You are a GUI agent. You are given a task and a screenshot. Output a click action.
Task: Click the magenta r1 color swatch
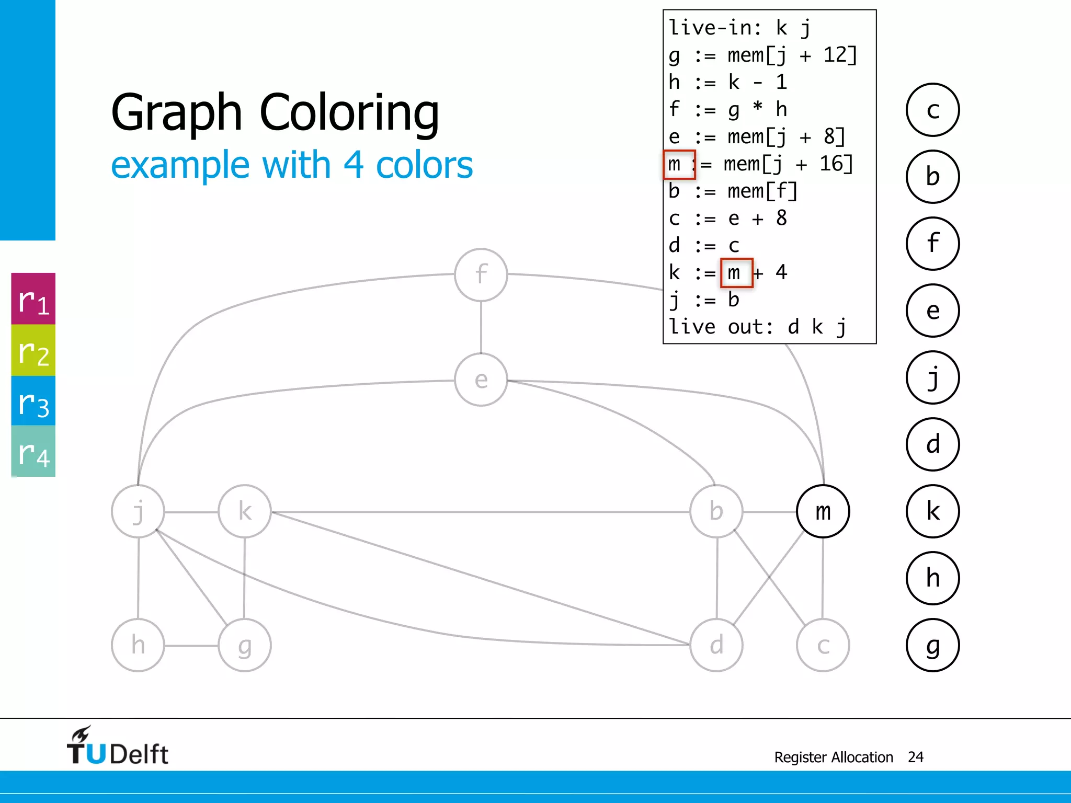(x=33, y=299)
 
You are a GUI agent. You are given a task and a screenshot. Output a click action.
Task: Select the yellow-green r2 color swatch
(x=33, y=350)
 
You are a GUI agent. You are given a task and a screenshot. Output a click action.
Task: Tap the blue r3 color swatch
(x=33, y=401)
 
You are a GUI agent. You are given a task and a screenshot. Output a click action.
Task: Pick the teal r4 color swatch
(x=33, y=451)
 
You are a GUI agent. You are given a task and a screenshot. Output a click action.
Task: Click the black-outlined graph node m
(x=823, y=511)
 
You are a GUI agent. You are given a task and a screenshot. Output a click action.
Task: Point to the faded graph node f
(x=481, y=274)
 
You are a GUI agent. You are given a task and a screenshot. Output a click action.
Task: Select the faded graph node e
(x=481, y=380)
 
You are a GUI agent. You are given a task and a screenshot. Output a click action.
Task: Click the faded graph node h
(x=138, y=645)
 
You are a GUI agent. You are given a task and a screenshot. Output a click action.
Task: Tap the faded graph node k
(x=245, y=511)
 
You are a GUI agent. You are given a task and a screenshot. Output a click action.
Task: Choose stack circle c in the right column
(x=932, y=110)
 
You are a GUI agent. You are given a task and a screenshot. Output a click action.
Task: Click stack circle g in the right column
(x=932, y=645)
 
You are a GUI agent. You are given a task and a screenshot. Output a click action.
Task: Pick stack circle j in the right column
(x=932, y=377)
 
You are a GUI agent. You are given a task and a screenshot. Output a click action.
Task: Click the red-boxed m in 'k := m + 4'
(x=736, y=272)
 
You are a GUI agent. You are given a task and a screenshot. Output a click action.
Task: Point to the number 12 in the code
(x=835, y=55)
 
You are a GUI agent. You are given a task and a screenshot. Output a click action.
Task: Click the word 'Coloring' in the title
(x=349, y=112)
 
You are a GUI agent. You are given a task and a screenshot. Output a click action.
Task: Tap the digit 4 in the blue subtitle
(x=354, y=165)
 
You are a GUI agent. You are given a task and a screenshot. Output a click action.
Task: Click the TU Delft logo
(x=117, y=747)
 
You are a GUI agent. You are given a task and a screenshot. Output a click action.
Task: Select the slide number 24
(x=915, y=757)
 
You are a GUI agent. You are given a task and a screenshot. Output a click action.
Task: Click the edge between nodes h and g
(x=191, y=646)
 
